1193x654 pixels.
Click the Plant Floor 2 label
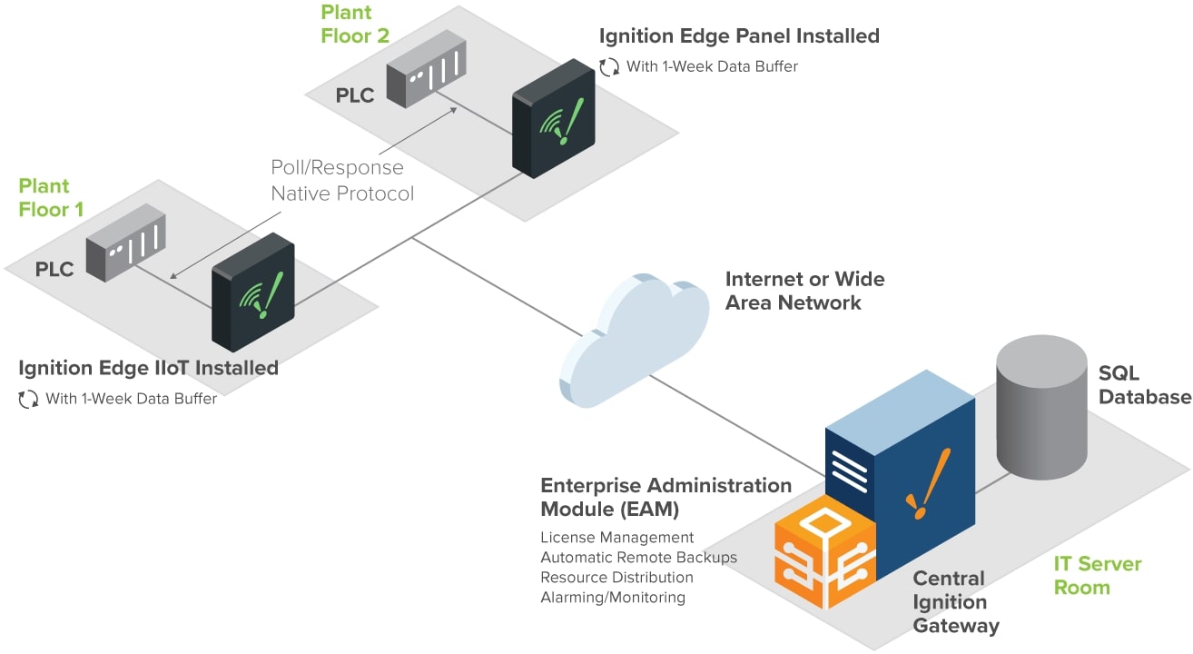(x=355, y=25)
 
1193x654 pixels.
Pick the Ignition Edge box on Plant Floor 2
(x=553, y=119)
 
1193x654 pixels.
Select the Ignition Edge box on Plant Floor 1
(x=253, y=292)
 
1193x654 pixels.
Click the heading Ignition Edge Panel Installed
(x=739, y=36)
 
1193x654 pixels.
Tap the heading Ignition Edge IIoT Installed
(x=148, y=368)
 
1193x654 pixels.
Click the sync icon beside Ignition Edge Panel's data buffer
(x=609, y=66)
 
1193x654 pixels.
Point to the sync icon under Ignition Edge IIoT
(x=29, y=399)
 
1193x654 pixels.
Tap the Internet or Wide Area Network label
(x=804, y=291)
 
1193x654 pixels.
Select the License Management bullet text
(x=616, y=538)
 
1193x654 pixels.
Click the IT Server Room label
(x=1097, y=575)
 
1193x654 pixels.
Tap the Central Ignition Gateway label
(x=955, y=602)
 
